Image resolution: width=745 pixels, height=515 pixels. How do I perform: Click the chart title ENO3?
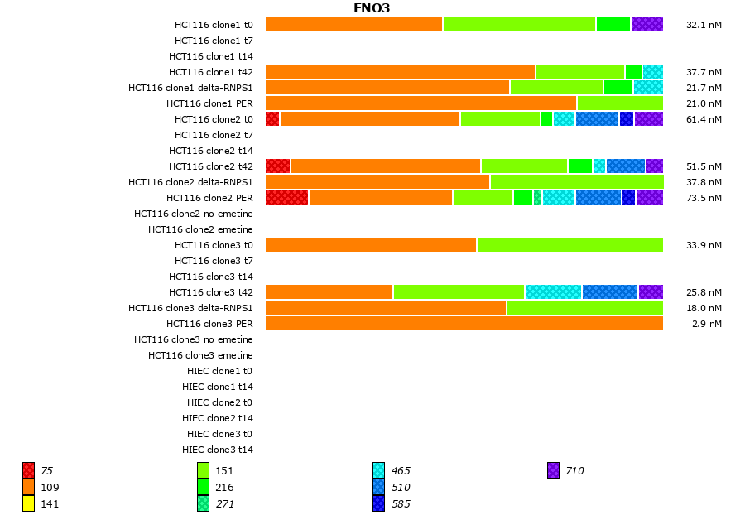point(372,8)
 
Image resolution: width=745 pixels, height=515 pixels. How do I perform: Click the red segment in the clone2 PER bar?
point(286,197)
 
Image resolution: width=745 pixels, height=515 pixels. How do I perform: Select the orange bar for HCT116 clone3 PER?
point(464,323)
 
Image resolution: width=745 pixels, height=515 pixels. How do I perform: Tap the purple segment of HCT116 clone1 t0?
point(646,24)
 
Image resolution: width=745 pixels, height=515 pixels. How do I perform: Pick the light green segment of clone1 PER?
point(620,103)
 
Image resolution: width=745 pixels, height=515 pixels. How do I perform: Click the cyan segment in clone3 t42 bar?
point(553,291)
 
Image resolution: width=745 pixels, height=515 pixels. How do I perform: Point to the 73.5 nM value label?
point(704,198)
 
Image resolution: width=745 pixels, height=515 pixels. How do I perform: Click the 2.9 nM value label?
point(706,324)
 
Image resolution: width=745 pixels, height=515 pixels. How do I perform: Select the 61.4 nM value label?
point(704,119)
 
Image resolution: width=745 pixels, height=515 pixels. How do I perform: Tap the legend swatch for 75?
point(28,470)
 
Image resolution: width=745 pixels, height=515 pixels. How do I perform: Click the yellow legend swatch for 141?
point(28,503)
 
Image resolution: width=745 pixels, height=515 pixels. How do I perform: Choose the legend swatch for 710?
point(553,470)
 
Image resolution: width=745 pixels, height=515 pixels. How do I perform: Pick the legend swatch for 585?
point(378,503)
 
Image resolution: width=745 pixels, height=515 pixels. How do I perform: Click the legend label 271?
point(224,503)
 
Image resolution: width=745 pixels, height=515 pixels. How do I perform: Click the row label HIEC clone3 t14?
point(217,450)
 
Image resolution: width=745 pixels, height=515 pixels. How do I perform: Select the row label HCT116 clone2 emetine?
point(200,229)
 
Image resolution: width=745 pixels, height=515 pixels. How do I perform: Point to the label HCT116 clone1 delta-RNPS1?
point(190,88)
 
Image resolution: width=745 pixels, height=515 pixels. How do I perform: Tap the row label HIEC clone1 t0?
point(217,371)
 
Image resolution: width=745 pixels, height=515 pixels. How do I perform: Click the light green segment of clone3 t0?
point(570,244)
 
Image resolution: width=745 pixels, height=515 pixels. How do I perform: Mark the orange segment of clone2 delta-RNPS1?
point(377,181)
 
